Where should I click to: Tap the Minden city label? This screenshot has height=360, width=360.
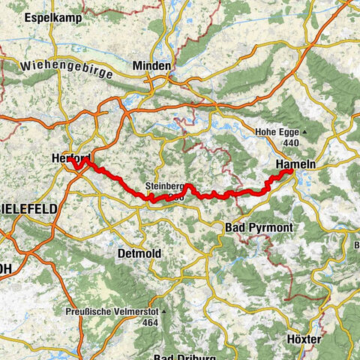151,66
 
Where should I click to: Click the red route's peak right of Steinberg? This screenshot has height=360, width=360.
190,185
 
